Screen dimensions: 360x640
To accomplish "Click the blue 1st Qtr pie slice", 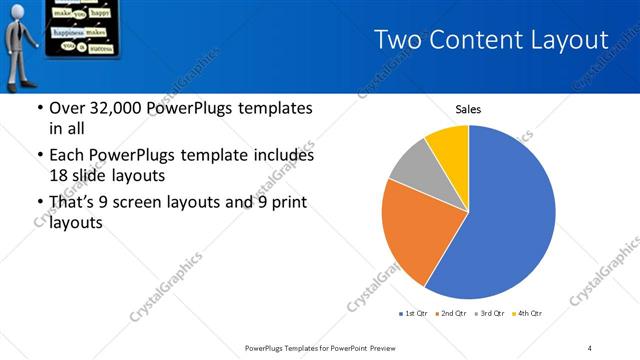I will (500, 220).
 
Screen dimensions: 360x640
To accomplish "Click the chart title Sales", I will (469, 108).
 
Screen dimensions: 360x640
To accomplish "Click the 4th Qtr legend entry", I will (530, 314).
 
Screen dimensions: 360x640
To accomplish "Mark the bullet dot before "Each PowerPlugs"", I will (38, 157).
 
